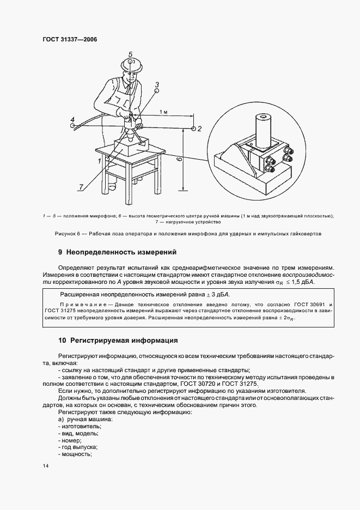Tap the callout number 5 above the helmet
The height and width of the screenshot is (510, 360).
coord(131,54)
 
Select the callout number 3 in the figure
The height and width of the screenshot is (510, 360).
coord(157,84)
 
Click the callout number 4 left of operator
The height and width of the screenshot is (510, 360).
coord(72,118)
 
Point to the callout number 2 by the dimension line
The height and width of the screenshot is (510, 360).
coord(200,129)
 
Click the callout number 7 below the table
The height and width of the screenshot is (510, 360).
coord(81,187)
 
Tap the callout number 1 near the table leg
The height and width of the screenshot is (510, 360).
coord(100,161)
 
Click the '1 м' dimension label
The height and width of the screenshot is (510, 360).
coord(164,111)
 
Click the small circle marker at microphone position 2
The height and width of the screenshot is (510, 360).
coord(193,129)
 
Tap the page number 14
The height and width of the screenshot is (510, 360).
coord(45,466)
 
